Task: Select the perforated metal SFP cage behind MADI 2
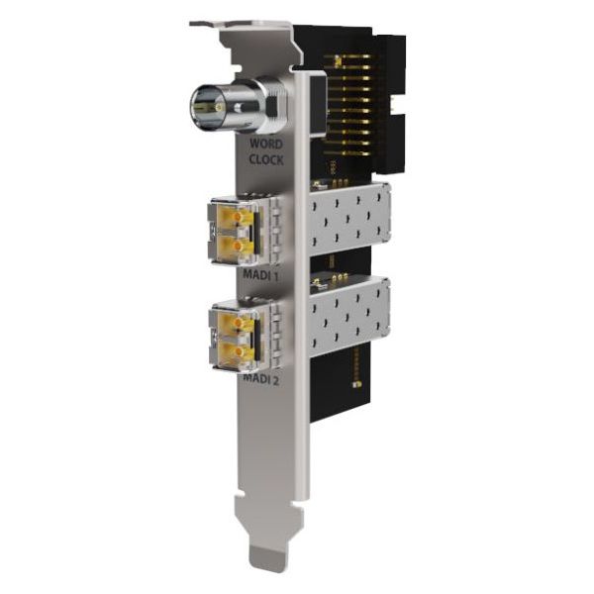(346, 317)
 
